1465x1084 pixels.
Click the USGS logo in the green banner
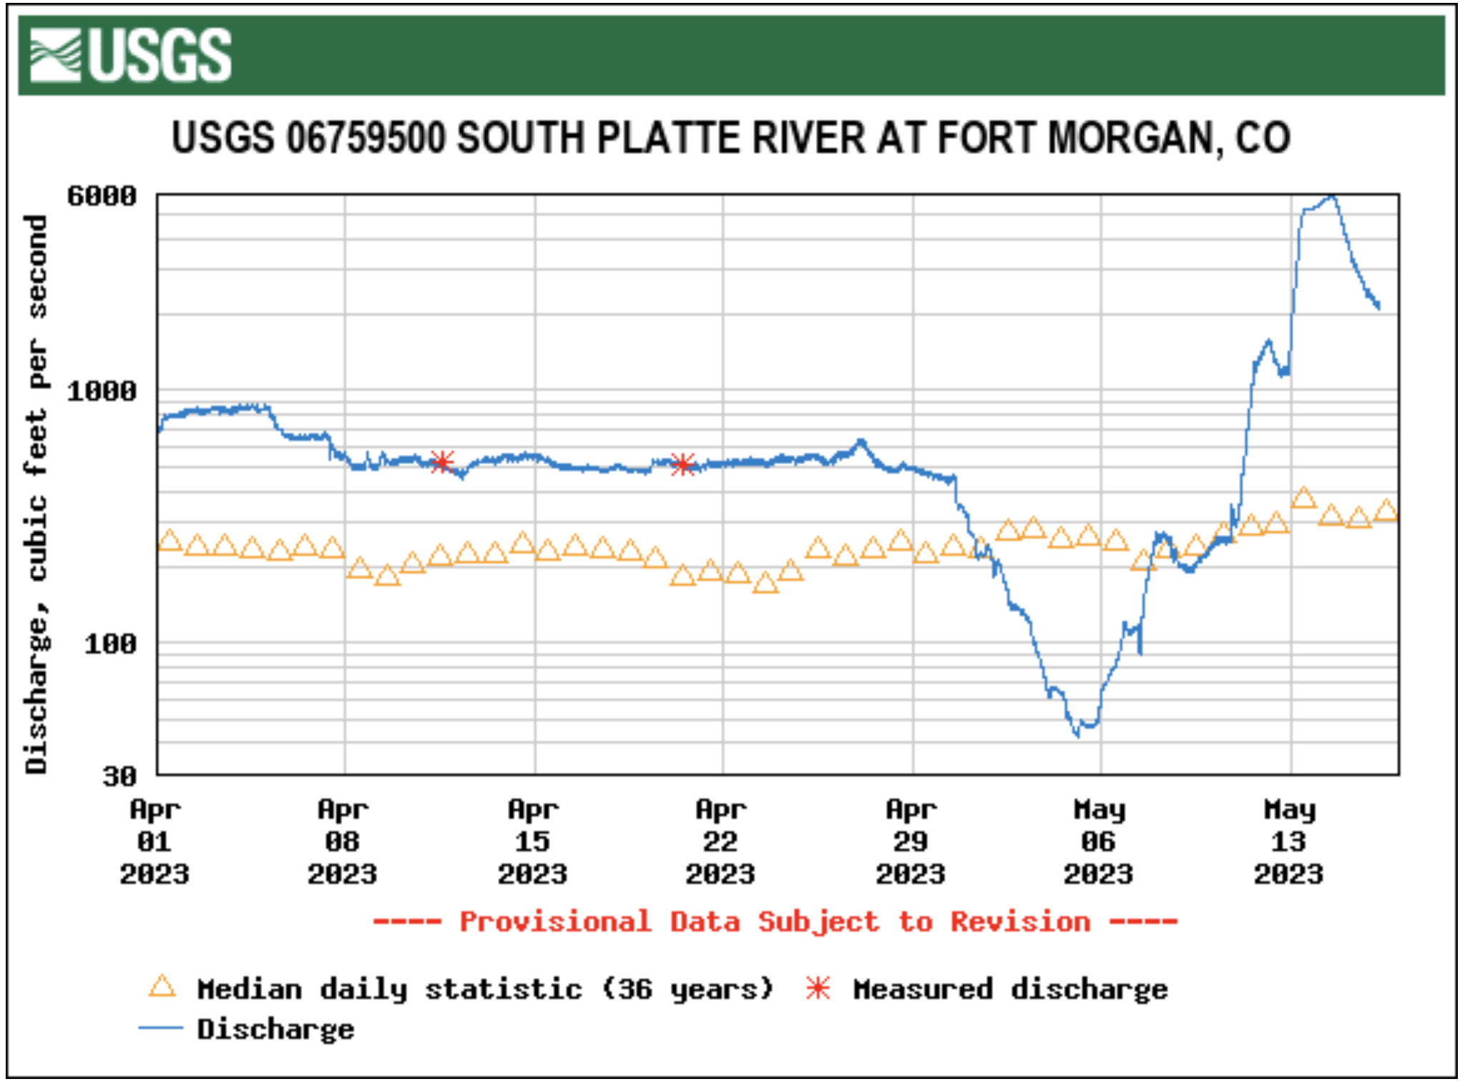click(x=131, y=55)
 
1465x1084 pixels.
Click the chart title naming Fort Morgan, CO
click(x=731, y=137)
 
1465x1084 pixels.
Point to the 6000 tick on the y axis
click(x=102, y=195)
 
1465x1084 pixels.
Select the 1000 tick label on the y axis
click(x=102, y=391)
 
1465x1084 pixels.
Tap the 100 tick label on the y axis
click(x=110, y=644)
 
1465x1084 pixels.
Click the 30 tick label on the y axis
click(x=119, y=776)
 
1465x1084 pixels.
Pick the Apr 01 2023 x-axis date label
click(x=155, y=842)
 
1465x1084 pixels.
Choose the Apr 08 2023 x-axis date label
click(x=343, y=842)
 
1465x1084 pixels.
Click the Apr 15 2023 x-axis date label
click(x=533, y=842)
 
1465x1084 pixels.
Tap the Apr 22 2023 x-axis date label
click(x=720, y=842)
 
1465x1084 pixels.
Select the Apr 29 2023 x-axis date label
click(x=911, y=842)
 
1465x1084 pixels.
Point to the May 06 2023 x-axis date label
click(x=1099, y=842)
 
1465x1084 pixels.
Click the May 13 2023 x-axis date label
click(x=1289, y=842)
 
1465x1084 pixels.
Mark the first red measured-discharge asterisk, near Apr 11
click(x=443, y=461)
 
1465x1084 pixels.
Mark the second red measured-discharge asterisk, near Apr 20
click(x=683, y=464)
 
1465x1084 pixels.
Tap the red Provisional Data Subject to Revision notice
click(x=775, y=922)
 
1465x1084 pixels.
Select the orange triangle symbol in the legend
click(x=162, y=987)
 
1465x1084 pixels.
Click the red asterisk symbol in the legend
click(x=818, y=988)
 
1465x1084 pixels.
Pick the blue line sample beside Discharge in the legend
click(x=162, y=1028)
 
